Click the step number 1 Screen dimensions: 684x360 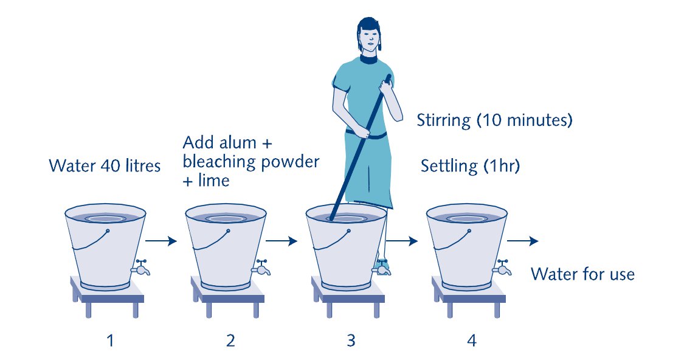pyautogui.click(x=111, y=340)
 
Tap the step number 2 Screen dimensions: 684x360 pyautogui.click(x=231, y=340)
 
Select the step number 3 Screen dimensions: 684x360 pyautogui.click(x=351, y=340)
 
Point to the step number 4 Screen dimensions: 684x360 pyautogui.click(x=472, y=340)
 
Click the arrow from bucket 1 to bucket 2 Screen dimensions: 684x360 pyautogui.click(x=161, y=240)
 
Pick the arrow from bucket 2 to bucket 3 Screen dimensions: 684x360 pyautogui.click(x=282, y=240)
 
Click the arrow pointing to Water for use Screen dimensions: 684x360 pyautogui.click(x=523, y=240)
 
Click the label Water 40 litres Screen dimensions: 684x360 pyautogui.click(x=105, y=166)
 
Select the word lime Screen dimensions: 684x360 pyautogui.click(x=214, y=180)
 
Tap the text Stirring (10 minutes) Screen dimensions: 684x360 pyautogui.click(x=494, y=120)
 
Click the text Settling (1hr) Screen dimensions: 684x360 pyautogui.click(x=470, y=166)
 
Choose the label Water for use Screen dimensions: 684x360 pyautogui.click(x=583, y=274)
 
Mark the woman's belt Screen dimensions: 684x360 pyautogui.click(x=366, y=134)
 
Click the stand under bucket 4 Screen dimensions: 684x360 pyautogui.click(x=469, y=296)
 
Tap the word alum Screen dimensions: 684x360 pyautogui.click(x=239, y=143)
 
